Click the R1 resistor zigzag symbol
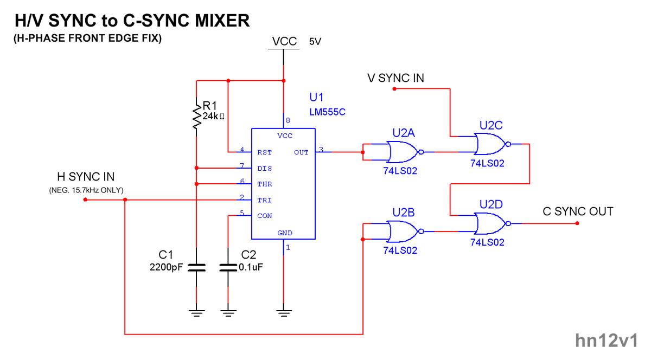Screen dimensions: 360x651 click(x=196, y=114)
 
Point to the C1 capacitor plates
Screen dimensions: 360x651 click(x=196, y=267)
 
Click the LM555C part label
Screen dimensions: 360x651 click(x=327, y=112)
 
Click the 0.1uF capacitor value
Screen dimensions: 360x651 click(x=252, y=267)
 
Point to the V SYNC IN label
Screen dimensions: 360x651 click(x=395, y=78)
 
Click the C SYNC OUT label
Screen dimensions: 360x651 click(x=578, y=211)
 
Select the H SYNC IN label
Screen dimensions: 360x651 click(x=86, y=177)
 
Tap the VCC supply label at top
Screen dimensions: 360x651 click(x=284, y=42)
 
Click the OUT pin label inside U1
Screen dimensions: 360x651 click(x=301, y=152)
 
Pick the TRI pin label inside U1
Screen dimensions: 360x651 click(x=265, y=200)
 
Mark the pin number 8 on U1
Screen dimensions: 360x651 click(x=288, y=120)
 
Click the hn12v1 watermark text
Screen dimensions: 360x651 click(x=606, y=340)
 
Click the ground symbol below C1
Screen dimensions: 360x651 click(x=196, y=312)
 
